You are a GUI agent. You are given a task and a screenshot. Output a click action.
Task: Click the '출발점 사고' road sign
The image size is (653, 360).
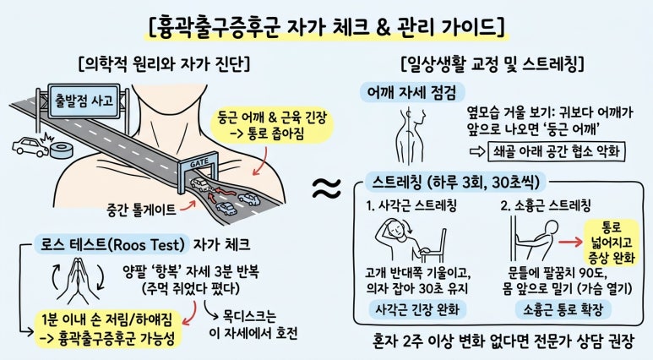coord(84,101)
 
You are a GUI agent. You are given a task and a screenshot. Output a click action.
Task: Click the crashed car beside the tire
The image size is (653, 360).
coord(30,147)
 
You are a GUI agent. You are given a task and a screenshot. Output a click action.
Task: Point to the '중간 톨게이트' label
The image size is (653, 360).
coord(141,210)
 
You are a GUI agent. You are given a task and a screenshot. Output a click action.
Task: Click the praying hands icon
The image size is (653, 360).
coord(78,280)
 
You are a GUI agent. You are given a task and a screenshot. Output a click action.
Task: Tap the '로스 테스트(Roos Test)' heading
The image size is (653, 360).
coord(112,244)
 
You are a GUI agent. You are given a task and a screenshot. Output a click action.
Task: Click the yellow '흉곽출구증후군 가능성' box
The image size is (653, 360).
coord(108,330)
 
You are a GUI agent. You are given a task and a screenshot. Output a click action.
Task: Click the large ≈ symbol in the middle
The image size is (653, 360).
coord(326,188)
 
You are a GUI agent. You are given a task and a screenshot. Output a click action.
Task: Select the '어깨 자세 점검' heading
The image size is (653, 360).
coord(411,92)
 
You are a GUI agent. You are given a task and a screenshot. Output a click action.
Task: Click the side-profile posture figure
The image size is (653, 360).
coord(411,136)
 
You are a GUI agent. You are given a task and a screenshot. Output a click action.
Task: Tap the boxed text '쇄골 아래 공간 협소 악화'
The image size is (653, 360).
coord(557,150)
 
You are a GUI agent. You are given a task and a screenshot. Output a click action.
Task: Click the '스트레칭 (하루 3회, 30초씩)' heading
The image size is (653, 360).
coord(455,182)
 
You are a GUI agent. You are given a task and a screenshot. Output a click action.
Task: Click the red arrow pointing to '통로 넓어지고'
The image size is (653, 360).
coord(570,242)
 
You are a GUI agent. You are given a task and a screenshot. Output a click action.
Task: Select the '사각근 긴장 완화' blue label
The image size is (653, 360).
coord(417,309)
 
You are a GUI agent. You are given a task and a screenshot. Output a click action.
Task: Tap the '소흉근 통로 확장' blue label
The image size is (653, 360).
coord(563,309)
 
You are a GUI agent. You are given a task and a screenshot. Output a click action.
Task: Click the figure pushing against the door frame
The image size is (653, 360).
coord(536,241)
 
